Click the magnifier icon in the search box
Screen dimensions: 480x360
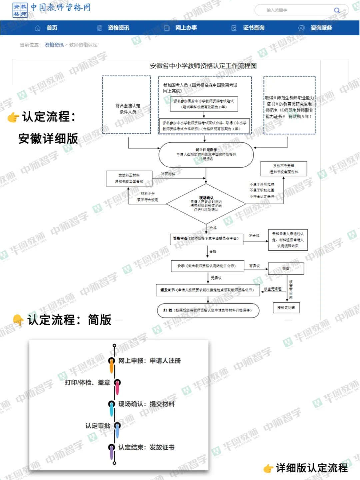337,10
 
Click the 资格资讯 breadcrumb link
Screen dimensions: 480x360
54,45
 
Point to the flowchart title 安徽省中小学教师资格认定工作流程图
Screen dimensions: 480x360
203,66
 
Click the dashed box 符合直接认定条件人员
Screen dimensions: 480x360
127,105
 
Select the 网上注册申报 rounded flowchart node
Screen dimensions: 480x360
206,155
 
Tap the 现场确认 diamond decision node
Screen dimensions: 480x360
206,203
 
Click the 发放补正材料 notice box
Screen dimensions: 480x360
129,178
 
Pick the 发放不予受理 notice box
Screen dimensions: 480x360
284,169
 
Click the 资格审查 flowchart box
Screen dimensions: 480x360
206,239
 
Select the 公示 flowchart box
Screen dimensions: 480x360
207,266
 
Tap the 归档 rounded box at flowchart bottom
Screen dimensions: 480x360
208,310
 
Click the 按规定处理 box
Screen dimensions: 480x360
286,308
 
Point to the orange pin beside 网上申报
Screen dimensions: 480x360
112,364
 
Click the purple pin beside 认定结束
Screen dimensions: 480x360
112,451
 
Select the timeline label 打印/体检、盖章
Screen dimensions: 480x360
87,382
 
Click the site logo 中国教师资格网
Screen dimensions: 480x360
52,9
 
